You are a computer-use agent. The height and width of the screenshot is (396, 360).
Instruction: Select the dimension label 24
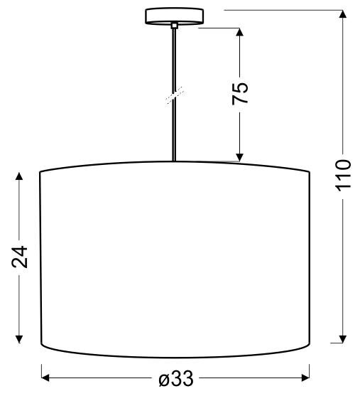click(x=21, y=257)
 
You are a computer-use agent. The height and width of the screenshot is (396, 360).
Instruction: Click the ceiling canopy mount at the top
click(x=174, y=16)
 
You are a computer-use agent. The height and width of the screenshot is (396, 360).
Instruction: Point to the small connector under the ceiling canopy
click(x=174, y=26)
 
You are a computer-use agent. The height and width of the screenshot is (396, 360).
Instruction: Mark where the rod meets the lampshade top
click(x=174, y=161)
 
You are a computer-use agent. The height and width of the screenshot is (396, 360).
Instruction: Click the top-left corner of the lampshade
click(x=39, y=172)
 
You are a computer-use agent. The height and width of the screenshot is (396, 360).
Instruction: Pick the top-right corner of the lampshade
click(x=311, y=172)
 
